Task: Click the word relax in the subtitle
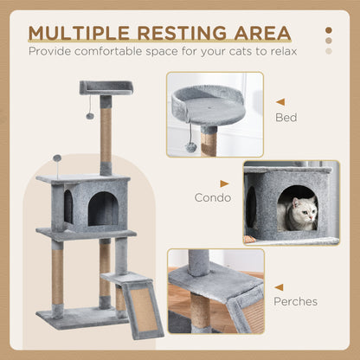pyautogui.click(x=280, y=50)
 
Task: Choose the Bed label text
pyautogui.click(x=286, y=116)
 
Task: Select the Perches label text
pyautogui.click(x=297, y=301)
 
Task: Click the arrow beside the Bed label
pyautogui.click(x=280, y=100)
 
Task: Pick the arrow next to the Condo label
pyautogui.click(x=225, y=183)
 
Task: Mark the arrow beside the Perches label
pyautogui.click(x=280, y=286)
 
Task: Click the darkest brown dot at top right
pyautogui.click(x=328, y=29)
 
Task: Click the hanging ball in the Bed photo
pyautogui.click(x=190, y=147)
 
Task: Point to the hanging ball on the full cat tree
pyautogui.click(x=89, y=114)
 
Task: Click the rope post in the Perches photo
pyautogui.click(x=201, y=313)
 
